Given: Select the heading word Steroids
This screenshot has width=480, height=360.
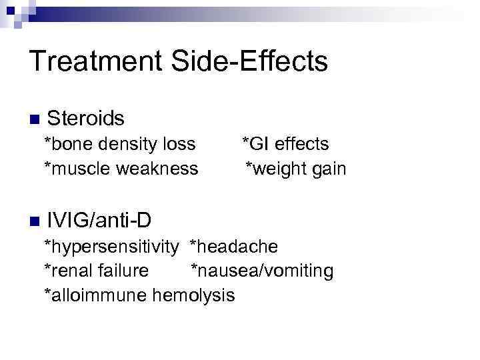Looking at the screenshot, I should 86,119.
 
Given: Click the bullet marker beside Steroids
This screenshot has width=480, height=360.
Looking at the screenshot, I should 35,119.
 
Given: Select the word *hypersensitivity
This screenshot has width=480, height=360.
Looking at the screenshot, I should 111,247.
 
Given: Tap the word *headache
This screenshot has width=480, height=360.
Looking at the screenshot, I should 233,247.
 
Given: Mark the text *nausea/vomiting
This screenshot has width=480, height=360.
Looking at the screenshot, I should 262,271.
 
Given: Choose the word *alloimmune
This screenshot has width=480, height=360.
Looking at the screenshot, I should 96,295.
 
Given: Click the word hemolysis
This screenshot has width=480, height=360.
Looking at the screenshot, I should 194,295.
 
